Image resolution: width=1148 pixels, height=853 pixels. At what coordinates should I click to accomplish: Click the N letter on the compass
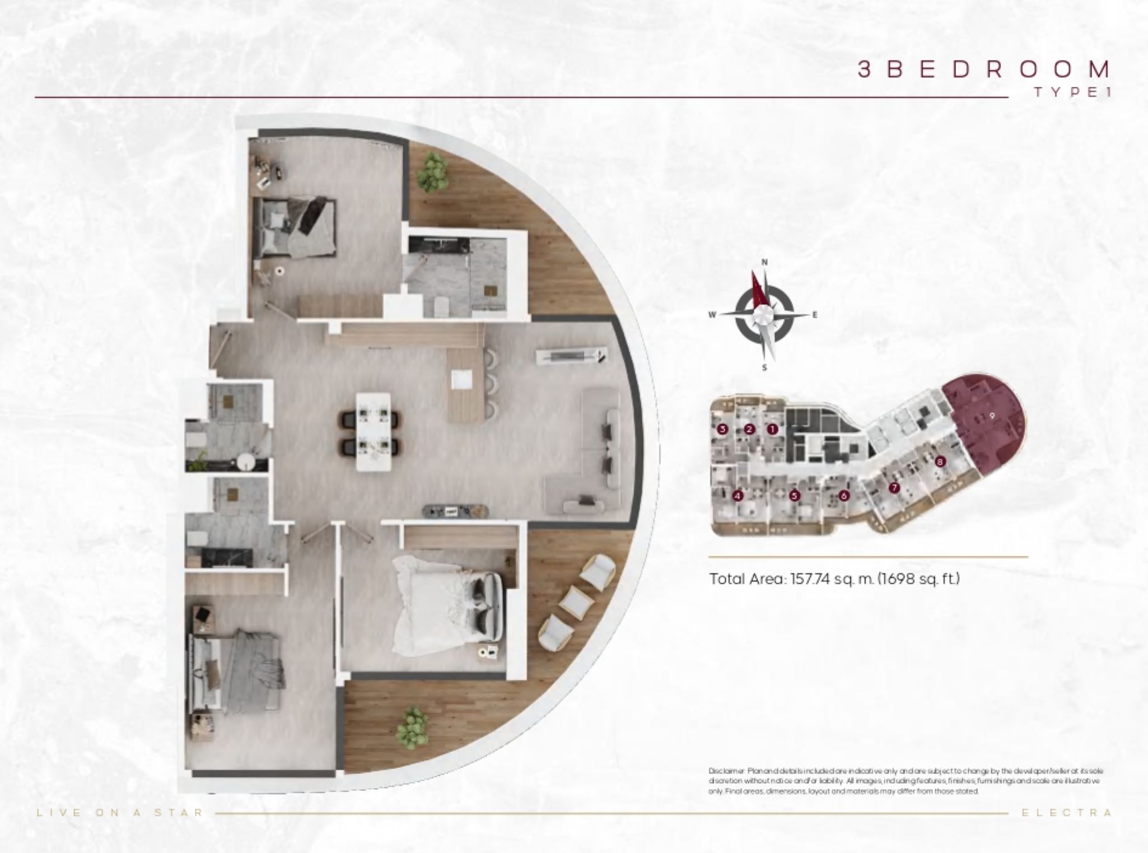[764, 262]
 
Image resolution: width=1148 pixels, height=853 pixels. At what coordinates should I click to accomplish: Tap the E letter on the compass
[815, 315]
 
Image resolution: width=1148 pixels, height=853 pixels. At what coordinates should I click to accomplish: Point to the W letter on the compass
[712, 315]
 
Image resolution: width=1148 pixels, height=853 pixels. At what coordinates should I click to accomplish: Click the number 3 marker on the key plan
[722, 430]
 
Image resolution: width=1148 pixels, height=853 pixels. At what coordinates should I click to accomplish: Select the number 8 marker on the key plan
[940, 462]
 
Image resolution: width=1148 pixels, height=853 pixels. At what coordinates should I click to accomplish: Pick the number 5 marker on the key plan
[794, 496]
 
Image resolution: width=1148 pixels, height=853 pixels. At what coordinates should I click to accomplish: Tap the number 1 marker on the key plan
[773, 430]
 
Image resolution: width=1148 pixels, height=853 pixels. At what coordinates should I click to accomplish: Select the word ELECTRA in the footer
[1067, 813]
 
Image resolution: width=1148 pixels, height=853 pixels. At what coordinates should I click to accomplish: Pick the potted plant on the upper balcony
[434, 170]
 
